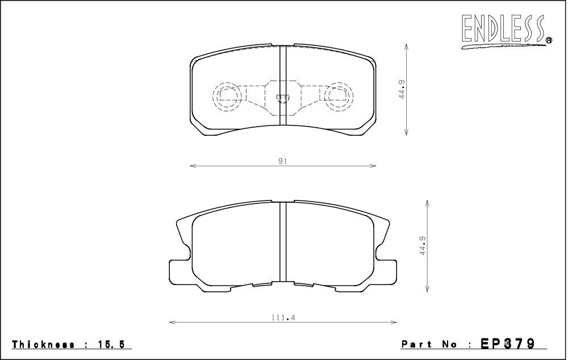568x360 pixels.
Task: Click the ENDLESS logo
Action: (x=506, y=31)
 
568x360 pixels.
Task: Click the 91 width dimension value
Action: (x=283, y=161)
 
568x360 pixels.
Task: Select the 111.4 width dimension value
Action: (x=283, y=317)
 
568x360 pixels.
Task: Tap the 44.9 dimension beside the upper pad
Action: (x=402, y=90)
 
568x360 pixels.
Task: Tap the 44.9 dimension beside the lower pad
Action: (x=423, y=246)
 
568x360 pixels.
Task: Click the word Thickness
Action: (x=44, y=345)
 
